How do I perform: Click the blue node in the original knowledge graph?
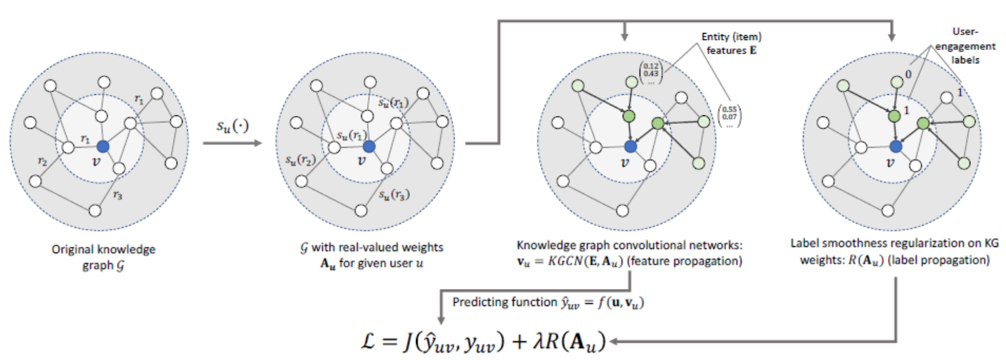click(103, 146)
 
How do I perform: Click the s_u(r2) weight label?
click(297, 161)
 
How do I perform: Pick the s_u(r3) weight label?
click(393, 193)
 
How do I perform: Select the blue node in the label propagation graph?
click(895, 146)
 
